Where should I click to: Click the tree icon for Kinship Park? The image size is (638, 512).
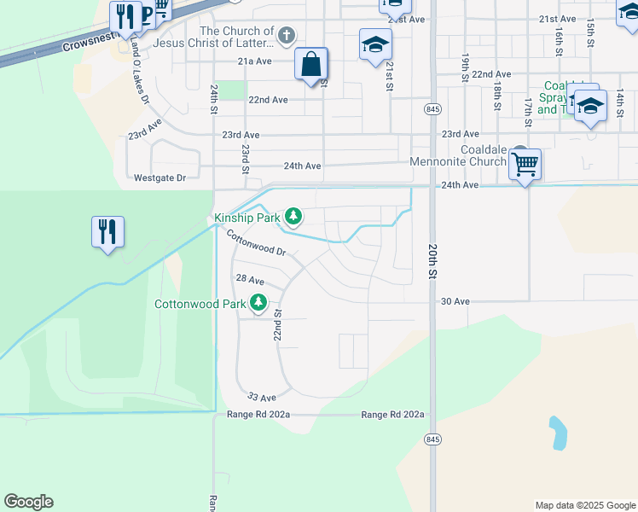[x=293, y=217]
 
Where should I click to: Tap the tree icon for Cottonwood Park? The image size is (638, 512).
[x=258, y=302]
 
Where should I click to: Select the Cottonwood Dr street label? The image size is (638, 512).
[x=257, y=247]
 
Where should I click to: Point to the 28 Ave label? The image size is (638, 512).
[x=250, y=280]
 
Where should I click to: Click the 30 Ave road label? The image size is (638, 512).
[x=455, y=301]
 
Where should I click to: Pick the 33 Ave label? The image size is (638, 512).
[x=262, y=397]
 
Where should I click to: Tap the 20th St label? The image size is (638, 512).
[x=432, y=261]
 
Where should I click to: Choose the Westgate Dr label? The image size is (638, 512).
[x=159, y=178]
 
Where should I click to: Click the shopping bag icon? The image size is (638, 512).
[x=311, y=64]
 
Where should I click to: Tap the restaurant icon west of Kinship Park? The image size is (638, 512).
[x=107, y=231]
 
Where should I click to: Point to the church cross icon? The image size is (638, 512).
[x=287, y=36]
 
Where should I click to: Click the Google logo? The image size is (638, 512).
[x=28, y=502]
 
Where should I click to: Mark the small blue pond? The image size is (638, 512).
[x=558, y=433]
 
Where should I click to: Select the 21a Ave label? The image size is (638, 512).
[x=254, y=61]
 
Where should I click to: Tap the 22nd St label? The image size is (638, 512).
[x=278, y=325]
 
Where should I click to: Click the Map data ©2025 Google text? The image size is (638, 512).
[x=585, y=505]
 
